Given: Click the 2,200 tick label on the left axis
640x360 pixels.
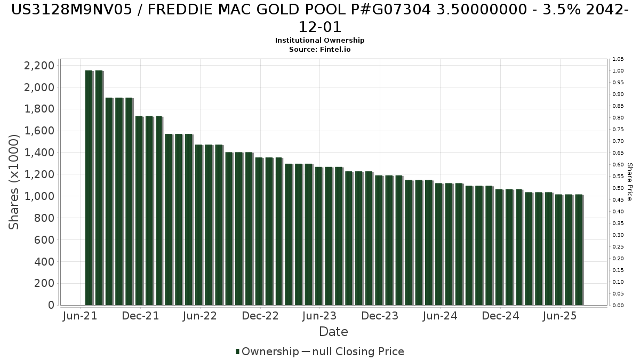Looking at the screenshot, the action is point(39,66).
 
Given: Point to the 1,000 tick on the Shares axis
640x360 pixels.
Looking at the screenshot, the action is point(39,196).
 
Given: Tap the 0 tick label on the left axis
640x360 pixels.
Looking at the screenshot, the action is point(51,305).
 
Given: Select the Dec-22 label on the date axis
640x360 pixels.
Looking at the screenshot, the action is point(260,316).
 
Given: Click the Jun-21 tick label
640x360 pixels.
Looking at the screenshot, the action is point(80,316).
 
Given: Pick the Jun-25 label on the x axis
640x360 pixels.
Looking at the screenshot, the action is point(559,316).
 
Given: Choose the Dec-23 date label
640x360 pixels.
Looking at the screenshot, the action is point(380,316).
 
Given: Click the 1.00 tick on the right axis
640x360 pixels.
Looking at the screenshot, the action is point(618,71).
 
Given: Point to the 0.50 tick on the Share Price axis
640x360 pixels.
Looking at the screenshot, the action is point(618,188).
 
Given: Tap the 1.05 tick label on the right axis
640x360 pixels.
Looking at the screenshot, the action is point(618,59).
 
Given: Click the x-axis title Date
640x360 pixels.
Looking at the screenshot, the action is point(333,332).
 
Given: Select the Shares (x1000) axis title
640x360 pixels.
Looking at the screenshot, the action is point(13,182).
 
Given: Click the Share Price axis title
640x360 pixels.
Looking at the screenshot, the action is point(629,182).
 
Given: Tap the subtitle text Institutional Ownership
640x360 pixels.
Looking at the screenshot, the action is point(319,41).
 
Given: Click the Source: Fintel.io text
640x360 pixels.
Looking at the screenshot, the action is point(319,50).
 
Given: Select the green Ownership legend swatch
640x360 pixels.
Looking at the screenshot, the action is point(237,351).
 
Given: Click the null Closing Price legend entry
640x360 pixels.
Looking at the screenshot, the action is point(358,351).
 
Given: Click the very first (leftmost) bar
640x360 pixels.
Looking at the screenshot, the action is point(89,188).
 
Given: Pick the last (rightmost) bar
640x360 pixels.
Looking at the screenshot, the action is point(579,250).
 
